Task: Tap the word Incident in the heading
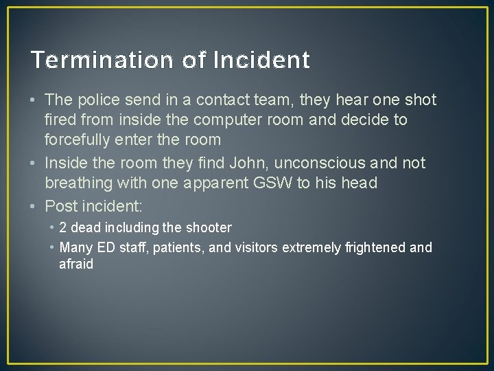tap(261, 61)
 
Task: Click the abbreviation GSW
tap(273, 183)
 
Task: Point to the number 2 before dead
tap(63, 227)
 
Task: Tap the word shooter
tap(209, 227)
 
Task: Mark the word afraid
tap(76, 265)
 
